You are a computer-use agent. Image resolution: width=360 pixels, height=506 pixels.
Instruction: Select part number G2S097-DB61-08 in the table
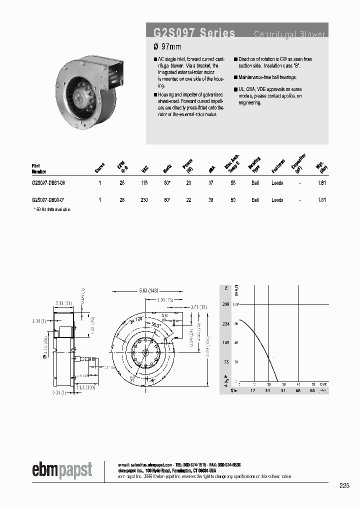point(48,183)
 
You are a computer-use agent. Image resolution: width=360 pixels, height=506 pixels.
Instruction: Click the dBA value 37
point(211,183)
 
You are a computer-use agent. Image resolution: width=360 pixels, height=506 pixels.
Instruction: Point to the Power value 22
point(188,200)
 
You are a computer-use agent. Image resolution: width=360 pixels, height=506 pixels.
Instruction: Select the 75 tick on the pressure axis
point(226,362)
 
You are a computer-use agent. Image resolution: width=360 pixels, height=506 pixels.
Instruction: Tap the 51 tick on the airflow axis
point(283,390)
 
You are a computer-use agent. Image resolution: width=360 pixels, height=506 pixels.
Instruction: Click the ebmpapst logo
point(62,469)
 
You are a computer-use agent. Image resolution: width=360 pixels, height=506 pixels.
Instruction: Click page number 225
point(344,485)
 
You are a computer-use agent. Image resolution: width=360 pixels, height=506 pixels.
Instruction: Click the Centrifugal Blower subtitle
point(289,34)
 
